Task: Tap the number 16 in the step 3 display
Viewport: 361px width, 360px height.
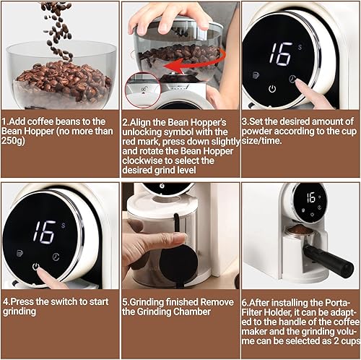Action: [x=279, y=55]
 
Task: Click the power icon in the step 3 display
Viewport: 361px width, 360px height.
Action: [x=272, y=89]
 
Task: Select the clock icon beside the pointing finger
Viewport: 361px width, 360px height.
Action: [x=293, y=79]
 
